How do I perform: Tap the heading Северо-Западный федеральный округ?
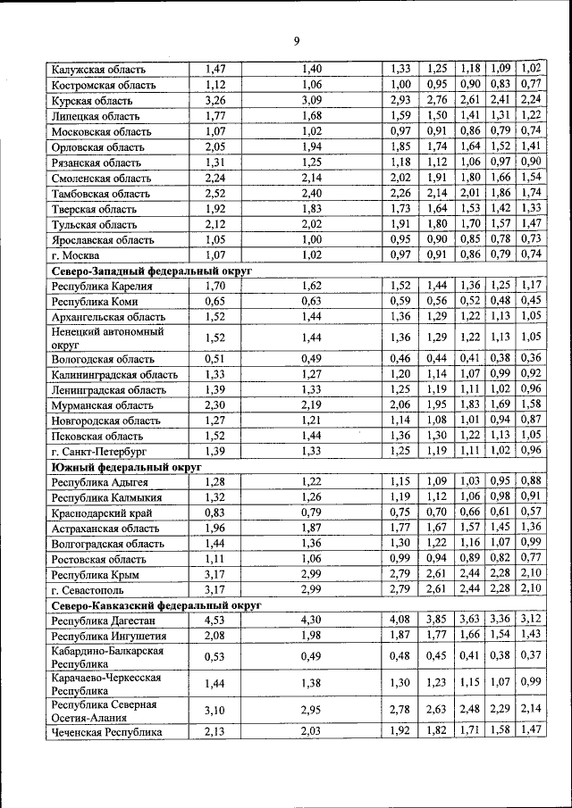coord(152,269)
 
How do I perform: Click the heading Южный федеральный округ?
coord(125,466)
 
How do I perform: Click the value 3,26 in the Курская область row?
coord(214,100)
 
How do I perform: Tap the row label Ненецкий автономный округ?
coord(102,337)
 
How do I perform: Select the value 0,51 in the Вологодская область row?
coord(214,359)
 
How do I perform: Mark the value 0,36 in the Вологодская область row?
coord(531,359)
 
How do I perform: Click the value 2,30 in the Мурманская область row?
coord(214,404)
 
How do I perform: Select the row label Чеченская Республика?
coord(106,732)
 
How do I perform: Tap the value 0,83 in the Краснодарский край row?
coord(214,513)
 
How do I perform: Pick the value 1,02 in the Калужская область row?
coord(531,69)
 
